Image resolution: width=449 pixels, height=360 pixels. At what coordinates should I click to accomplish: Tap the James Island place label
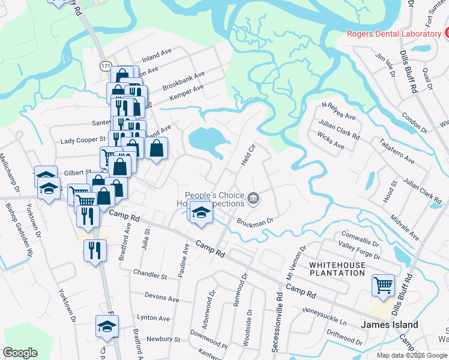point(390,325)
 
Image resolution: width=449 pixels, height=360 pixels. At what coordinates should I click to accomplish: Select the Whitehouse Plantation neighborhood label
point(337,268)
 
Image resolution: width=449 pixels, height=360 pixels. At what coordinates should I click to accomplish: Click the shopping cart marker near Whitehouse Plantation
point(384,286)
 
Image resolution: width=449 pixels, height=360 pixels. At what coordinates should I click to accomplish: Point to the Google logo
point(20,353)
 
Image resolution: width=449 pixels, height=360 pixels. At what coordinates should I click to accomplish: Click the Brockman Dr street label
point(255,221)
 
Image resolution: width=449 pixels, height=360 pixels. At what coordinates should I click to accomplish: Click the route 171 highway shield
point(106,65)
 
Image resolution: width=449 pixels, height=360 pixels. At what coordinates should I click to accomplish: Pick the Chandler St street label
point(150,276)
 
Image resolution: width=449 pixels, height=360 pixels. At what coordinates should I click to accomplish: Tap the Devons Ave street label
point(162,298)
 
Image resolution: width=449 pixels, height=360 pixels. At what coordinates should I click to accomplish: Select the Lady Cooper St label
point(83,140)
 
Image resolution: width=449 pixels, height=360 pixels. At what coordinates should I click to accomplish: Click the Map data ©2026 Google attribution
point(412,355)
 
